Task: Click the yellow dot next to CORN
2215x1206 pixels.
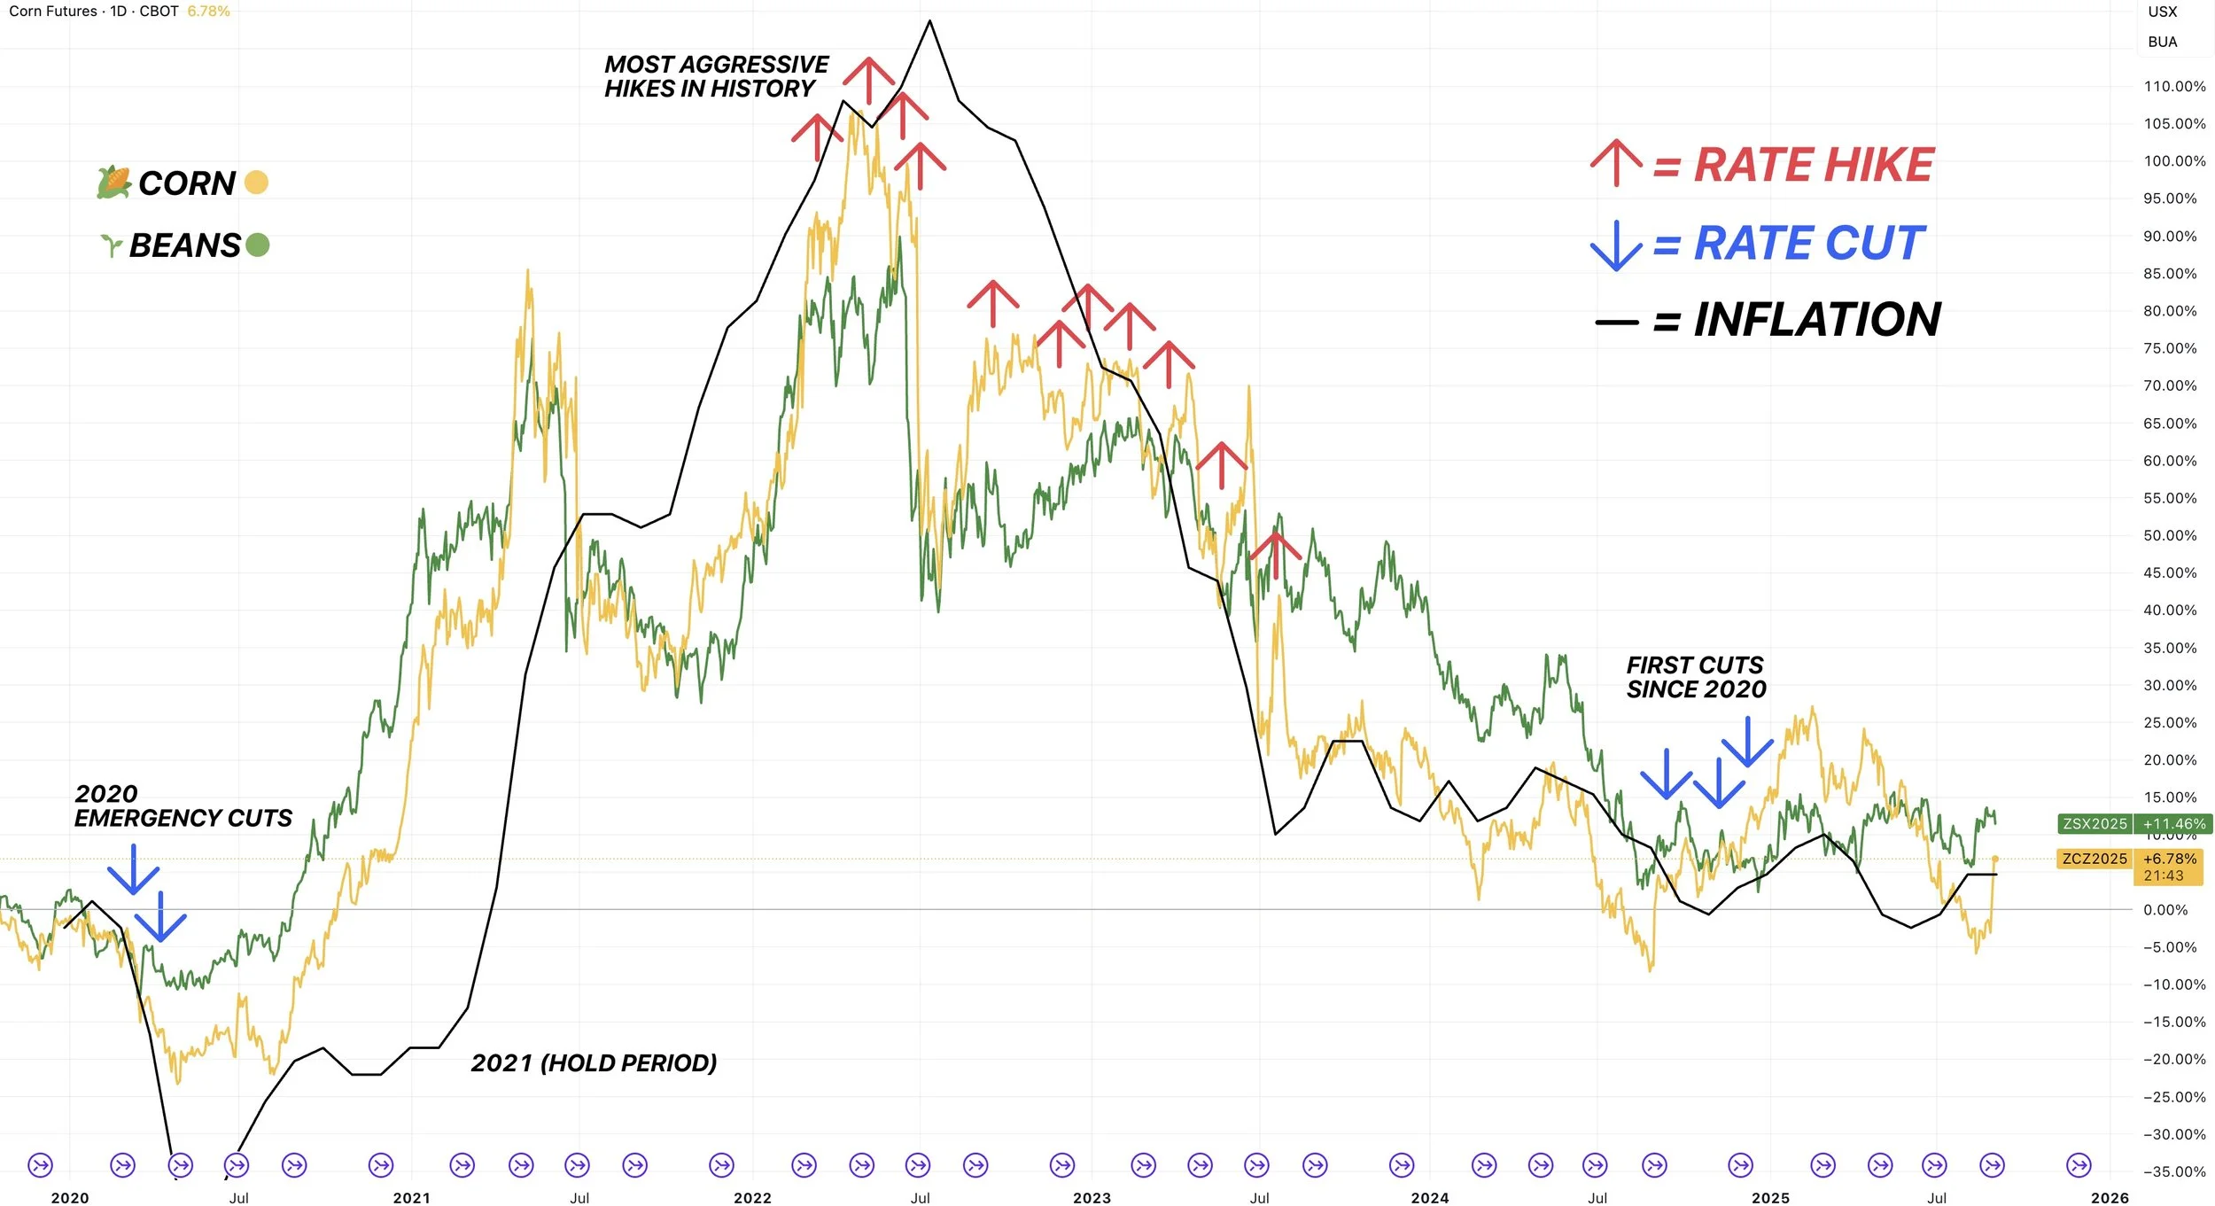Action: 256,182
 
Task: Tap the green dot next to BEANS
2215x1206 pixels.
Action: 258,245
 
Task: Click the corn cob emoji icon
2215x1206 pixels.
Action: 113,183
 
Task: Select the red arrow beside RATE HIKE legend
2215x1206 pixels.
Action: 1616,163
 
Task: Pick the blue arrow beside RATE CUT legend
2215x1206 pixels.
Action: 1616,245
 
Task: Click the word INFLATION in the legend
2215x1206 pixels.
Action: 1817,320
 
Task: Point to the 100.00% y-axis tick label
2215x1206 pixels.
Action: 2174,161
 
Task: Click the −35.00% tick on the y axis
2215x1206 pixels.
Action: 2174,1171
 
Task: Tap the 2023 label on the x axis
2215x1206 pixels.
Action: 1092,1198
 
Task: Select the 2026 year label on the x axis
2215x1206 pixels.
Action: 2110,1198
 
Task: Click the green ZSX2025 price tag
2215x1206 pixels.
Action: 2095,824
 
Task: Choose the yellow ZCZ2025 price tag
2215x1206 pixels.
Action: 2095,859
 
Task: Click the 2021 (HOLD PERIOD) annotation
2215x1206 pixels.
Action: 594,1062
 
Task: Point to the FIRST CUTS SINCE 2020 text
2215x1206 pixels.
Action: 1696,677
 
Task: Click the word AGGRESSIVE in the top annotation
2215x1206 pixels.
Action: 766,65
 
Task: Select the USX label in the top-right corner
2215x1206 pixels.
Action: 2163,12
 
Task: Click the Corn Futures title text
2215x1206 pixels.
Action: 53,12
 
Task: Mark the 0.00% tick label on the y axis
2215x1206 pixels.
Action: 2165,910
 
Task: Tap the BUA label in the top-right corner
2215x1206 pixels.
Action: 2163,42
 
